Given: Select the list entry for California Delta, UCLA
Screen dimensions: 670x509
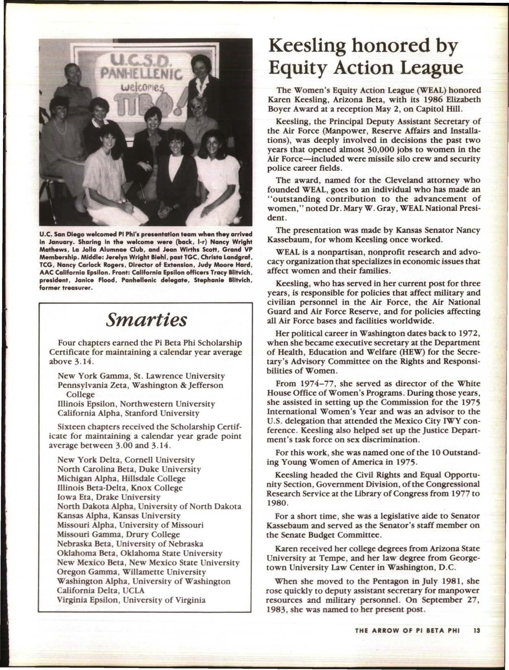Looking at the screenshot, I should click(x=101, y=590).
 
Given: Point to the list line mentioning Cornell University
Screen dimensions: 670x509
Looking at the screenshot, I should click(x=126, y=460).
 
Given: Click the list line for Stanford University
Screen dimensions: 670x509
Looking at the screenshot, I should click(x=129, y=413).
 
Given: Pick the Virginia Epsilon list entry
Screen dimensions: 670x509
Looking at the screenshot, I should click(x=132, y=600).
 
